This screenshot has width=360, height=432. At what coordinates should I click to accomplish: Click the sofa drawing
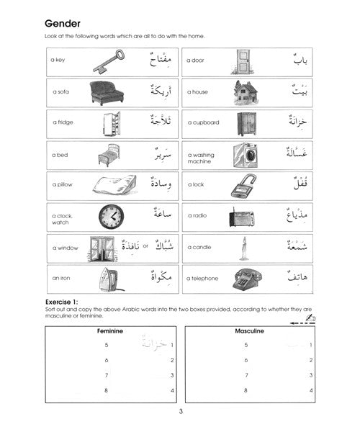click(108, 92)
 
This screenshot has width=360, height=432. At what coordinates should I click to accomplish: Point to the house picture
click(246, 92)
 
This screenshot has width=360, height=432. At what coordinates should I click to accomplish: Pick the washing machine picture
click(244, 155)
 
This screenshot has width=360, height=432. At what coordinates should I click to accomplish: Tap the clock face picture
click(112, 216)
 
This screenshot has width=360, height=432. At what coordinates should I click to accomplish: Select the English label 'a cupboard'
click(203, 123)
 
